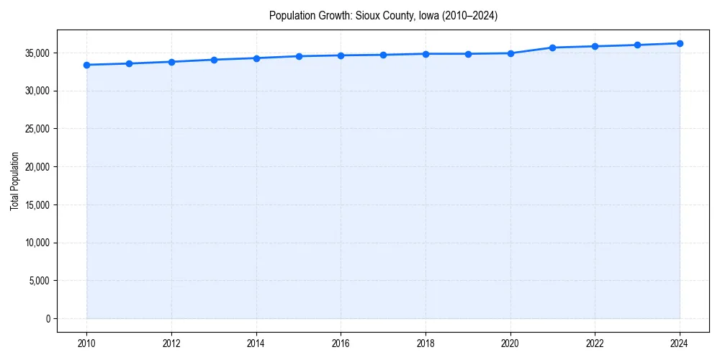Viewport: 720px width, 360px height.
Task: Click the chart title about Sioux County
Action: click(x=383, y=15)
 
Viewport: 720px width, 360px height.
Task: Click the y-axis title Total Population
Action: click(x=14, y=181)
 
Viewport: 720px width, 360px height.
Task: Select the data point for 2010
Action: click(x=86, y=65)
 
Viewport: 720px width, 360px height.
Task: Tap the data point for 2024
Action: click(x=680, y=43)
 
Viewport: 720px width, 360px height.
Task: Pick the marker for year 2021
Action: click(x=552, y=48)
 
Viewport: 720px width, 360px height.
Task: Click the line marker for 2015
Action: click(x=299, y=56)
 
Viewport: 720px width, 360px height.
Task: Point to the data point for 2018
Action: click(x=426, y=54)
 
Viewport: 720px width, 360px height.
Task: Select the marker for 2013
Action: click(x=214, y=60)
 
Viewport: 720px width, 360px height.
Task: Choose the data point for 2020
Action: click(x=510, y=53)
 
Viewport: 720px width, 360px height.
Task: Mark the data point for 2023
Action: click(x=637, y=45)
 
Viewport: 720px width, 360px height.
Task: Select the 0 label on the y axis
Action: click(x=48, y=318)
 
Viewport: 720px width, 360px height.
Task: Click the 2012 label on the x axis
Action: click(x=171, y=343)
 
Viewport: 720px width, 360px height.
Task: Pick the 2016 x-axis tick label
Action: click(x=341, y=343)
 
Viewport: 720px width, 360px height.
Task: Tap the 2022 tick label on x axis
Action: click(x=595, y=343)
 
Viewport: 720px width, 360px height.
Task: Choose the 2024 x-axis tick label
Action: click(x=680, y=343)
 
